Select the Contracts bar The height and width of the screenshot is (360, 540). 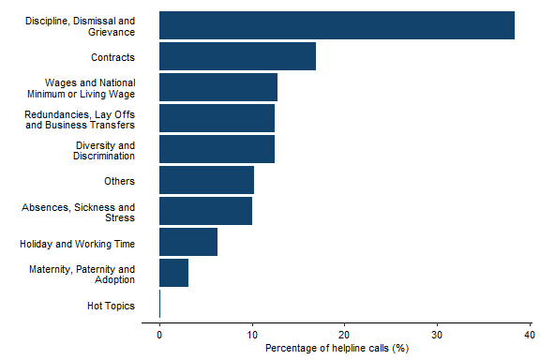click(x=237, y=56)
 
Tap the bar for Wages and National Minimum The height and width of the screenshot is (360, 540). click(x=218, y=87)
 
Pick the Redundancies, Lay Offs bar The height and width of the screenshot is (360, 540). click(x=217, y=118)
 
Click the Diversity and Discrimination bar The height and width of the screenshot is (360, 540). click(x=217, y=149)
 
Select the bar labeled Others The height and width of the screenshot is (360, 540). click(x=206, y=180)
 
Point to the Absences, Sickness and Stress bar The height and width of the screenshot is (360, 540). click(x=205, y=211)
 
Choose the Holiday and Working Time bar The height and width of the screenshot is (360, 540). click(x=188, y=242)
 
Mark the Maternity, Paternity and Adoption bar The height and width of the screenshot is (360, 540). click(x=173, y=273)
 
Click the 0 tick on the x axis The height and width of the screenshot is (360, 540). click(x=159, y=334)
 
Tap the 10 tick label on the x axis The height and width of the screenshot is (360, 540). click(x=252, y=334)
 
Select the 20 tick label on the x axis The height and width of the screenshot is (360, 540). click(x=344, y=334)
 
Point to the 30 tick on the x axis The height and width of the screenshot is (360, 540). click(x=437, y=334)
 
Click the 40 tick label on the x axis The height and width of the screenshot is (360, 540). click(x=530, y=334)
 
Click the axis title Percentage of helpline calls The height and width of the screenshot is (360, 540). click(x=337, y=349)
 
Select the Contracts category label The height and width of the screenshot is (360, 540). click(x=114, y=57)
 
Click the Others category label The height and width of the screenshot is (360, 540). click(x=120, y=181)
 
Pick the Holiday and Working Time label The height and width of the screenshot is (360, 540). click(x=77, y=244)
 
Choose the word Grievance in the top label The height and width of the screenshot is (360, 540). click(x=112, y=32)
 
